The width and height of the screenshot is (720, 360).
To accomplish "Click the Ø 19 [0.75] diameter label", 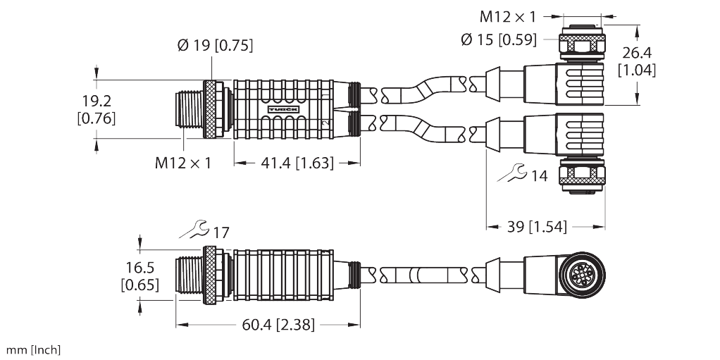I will click(215, 46).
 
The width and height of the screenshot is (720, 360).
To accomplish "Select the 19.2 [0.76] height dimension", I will click(94, 108).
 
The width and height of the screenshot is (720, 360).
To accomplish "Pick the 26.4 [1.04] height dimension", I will click(637, 61).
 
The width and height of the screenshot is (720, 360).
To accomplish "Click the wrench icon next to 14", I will click(511, 174).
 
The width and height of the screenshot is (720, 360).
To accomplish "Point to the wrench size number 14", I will click(539, 176).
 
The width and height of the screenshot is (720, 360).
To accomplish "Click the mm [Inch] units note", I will click(34, 349).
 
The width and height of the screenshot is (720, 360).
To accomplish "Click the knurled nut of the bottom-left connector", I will click(210, 275).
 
